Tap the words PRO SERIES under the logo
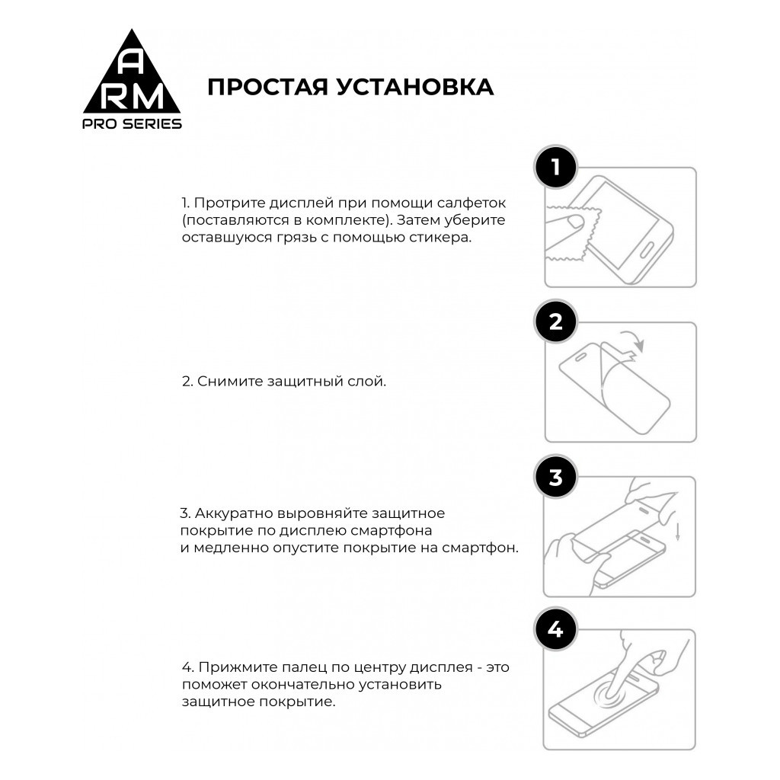pos(132,124)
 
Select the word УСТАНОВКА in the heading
pos(411,87)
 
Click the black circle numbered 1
pos(555,166)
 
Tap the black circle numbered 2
pos(555,321)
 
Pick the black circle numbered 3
pos(555,477)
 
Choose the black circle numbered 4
pos(555,630)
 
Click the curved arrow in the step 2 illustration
pos(632,341)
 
